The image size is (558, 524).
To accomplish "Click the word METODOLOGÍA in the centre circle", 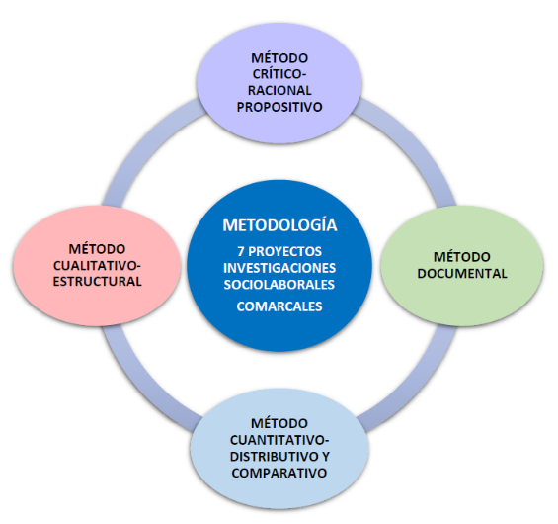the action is coord(279,225).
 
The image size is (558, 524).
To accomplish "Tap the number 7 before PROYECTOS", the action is coord(241,251).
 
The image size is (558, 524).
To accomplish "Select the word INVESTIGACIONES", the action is coord(279,268).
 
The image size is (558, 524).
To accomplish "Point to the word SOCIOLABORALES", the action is coord(279,285).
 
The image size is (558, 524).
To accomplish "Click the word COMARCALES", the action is coord(279,306).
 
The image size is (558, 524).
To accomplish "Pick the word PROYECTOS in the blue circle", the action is coord(285,251).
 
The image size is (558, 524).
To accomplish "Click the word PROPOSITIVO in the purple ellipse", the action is coord(279,107).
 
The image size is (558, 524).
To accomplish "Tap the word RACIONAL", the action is coord(279,91).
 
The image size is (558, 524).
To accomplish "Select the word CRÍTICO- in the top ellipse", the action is coord(279,74).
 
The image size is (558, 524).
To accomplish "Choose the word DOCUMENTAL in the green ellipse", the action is coord(462,274).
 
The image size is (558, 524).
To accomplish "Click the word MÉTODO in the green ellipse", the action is coord(462,257).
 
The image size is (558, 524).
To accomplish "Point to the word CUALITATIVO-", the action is coord(97,265).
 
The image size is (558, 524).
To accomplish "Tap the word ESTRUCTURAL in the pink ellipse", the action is coord(98,282).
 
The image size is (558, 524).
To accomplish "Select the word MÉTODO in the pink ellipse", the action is coord(97,249).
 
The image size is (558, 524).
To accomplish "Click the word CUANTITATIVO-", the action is coord(279,440).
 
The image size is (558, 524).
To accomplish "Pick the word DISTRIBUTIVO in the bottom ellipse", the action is coord(273,457).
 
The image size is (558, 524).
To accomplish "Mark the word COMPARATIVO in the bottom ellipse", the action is coord(279,473).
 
